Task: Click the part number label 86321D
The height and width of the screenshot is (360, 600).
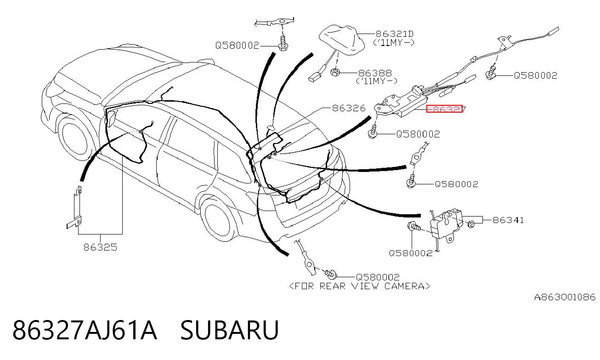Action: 395,34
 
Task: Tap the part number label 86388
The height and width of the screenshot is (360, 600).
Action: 375,73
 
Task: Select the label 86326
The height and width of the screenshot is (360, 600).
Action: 349,108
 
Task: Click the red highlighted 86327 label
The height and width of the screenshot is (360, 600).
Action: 444,109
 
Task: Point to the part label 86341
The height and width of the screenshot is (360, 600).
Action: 508,220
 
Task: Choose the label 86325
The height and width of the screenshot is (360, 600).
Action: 100,247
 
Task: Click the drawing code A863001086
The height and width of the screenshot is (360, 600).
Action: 565,297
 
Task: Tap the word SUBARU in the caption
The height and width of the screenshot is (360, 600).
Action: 230,330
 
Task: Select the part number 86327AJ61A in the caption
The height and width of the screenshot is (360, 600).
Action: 85,330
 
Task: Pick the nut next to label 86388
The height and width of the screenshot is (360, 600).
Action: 335,72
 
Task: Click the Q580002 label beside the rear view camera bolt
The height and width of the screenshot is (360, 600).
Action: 377,277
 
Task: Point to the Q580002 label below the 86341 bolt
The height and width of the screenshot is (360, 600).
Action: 411,253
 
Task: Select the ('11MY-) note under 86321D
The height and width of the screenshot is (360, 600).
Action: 393,43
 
